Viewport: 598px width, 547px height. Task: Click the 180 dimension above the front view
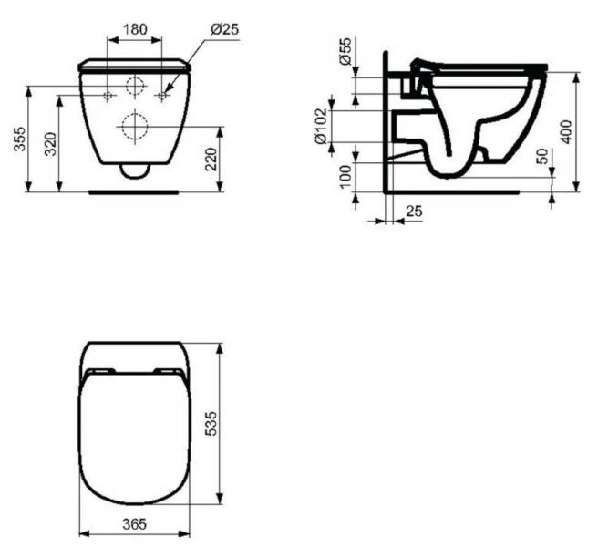(x=135, y=29)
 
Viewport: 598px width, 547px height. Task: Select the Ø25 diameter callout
(x=224, y=29)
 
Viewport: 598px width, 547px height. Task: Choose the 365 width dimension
(x=135, y=526)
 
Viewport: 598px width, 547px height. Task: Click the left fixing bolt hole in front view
(x=108, y=95)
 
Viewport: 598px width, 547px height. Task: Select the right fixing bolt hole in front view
(x=164, y=95)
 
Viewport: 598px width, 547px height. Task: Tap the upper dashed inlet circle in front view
(x=135, y=88)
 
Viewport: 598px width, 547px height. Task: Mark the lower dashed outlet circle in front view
(x=135, y=125)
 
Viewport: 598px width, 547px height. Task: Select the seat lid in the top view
(x=135, y=438)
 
